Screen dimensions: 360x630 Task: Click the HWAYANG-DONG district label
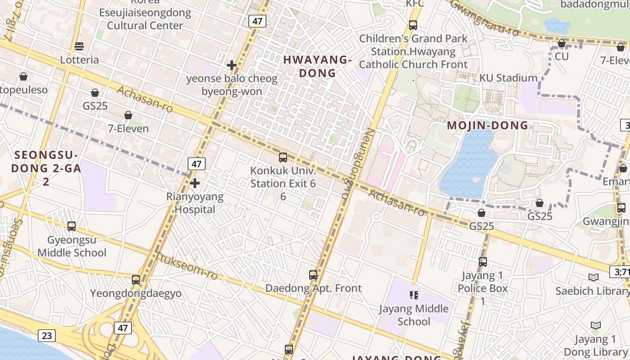pyautogui.click(x=317, y=66)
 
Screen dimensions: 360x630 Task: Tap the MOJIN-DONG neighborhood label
pyautogui.click(x=487, y=126)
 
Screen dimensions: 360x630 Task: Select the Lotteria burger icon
pyautogui.click(x=79, y=46)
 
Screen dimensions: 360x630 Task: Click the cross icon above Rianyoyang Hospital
pyautogui.click(x=195, y=183)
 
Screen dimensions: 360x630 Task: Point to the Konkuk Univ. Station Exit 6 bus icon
pyautogui.click(x=283, y=157)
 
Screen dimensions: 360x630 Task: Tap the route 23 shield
pyautogui.click(x=47, y=335)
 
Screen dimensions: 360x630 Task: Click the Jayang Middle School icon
pyautogui.click(x=414, y=295)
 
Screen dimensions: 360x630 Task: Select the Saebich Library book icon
pyautogui.click(x=594, y=277)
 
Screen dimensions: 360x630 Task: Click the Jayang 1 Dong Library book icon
pyautogui.click(x=596, y=325)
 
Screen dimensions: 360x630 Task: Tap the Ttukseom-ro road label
pyautogui.click(x=187, y=266)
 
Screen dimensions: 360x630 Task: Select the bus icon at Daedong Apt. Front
pyautogui.click(x=313, y=274)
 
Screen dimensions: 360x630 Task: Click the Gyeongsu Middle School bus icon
pyautogui.click(x=72, y=226)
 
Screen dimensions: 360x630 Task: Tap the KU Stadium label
pyautogui.click(x=508, y=78)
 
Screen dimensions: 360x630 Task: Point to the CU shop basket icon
pyautogui.click(x=562, y=44)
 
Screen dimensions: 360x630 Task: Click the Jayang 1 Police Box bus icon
pyautogui.click(x=483, y=261)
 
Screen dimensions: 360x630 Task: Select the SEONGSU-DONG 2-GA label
pyautogui.click(x=46, y=162)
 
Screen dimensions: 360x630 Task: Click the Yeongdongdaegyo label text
pyautogui.click(x=136, y=293)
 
